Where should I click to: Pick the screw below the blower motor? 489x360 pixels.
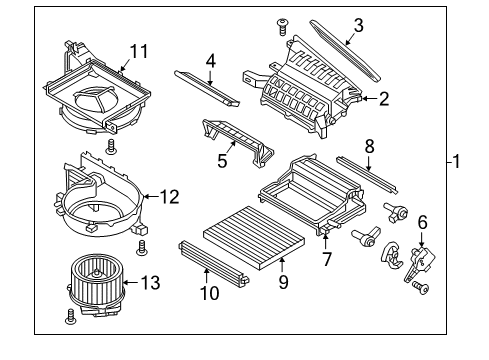pyautogui.click(x=71, y=320)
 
